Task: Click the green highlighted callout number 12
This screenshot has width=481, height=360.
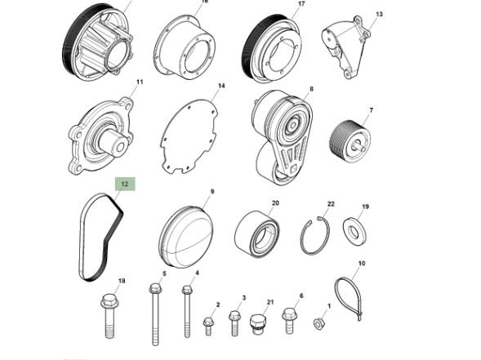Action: (x=125, y=184)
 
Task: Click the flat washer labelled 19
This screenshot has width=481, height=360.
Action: (x=354, y=229)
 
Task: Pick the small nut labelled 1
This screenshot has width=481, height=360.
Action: (x=318, y=324)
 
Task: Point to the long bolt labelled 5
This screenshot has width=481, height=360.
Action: (x=155, y=314)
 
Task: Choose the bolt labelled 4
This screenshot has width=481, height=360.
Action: (x=187, y=311)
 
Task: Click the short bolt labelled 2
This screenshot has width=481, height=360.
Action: (x=208, y=327)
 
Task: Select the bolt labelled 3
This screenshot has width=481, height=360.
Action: (x=234, y=323)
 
